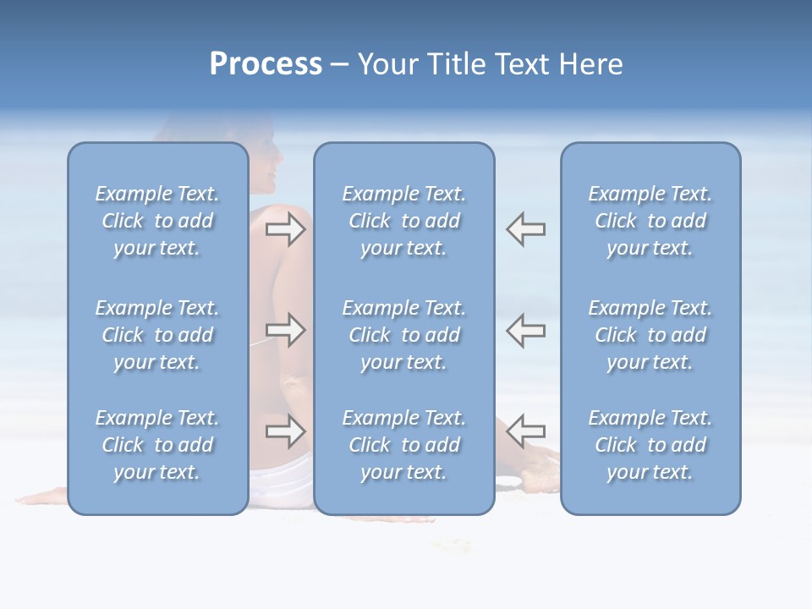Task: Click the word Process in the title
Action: pyautogui.click(x=266, y=64)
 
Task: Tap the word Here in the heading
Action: pyautogui.click(x=592, y=64)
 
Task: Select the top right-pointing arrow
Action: pyautogui.click(x=286, y=228)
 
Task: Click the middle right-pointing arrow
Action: pyautogui.click(x=286, y=329)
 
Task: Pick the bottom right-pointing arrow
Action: pyautogui.click(x=286, y=431)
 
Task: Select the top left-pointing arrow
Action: pyautogui.click(x=526, y=228)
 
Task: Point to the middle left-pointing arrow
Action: pyautogui.click(x=526, y=329)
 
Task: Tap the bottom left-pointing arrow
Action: pyautogui.click(x=526, y=431)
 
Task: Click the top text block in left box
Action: pyautogui.click(x=157, y=221)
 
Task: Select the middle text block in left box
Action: pyautogui.click(x=157, y=335)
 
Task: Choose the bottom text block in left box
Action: pyautogui.click(x=157, y=445)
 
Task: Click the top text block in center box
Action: pyautogui.click(x=404, y=221)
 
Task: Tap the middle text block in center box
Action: pyautogui.click(x=404, y=335)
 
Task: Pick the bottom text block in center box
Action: pyautogui.click(x=404, y=445)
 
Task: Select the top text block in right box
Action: pyautogui.click(x=650, y=221)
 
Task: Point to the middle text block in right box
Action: pyautogui.click(x=650, y=335)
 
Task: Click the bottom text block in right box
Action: pyautogui.click(x=650, y=445)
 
